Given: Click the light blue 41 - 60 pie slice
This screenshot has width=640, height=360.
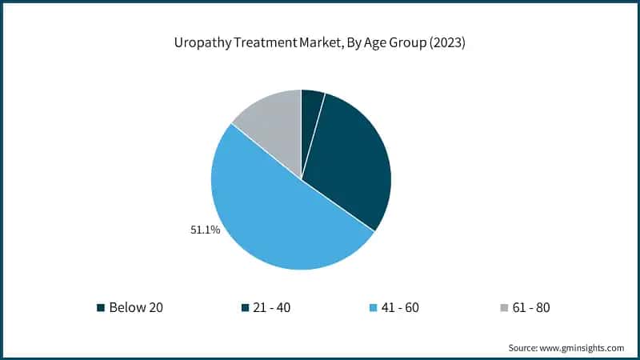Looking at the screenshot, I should (x=272, y=216).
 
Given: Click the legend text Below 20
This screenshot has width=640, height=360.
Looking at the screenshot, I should (x=136, y=307).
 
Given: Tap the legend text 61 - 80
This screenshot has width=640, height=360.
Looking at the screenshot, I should (x=530, y=307).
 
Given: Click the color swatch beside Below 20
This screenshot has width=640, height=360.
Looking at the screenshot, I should (x=101, y=307).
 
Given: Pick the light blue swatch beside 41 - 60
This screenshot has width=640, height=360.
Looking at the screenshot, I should (x=373, y=307).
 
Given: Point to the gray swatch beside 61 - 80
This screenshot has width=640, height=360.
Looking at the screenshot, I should (x=502, y=307).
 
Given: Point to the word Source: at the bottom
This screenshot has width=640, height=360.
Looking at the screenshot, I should (x=523, y=347).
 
